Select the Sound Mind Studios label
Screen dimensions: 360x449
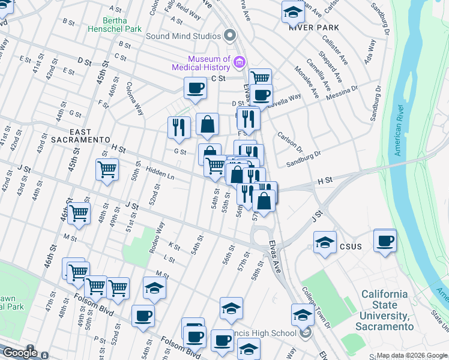[x=184, y=35]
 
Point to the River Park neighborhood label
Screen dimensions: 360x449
[x=313, y=28]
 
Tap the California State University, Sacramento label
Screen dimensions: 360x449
[x=384, y=311]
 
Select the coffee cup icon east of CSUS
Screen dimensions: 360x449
[x=385, y=241]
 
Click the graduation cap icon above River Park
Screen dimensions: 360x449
[x=293, y=12]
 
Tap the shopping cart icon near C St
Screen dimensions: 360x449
[x=260, y=78]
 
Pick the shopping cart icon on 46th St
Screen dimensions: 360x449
[x=79, y=213]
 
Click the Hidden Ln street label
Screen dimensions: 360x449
[x=159, y=173]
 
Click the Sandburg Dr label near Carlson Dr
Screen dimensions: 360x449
[x=303, y=157]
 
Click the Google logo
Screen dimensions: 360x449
[x=19, y=352]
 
